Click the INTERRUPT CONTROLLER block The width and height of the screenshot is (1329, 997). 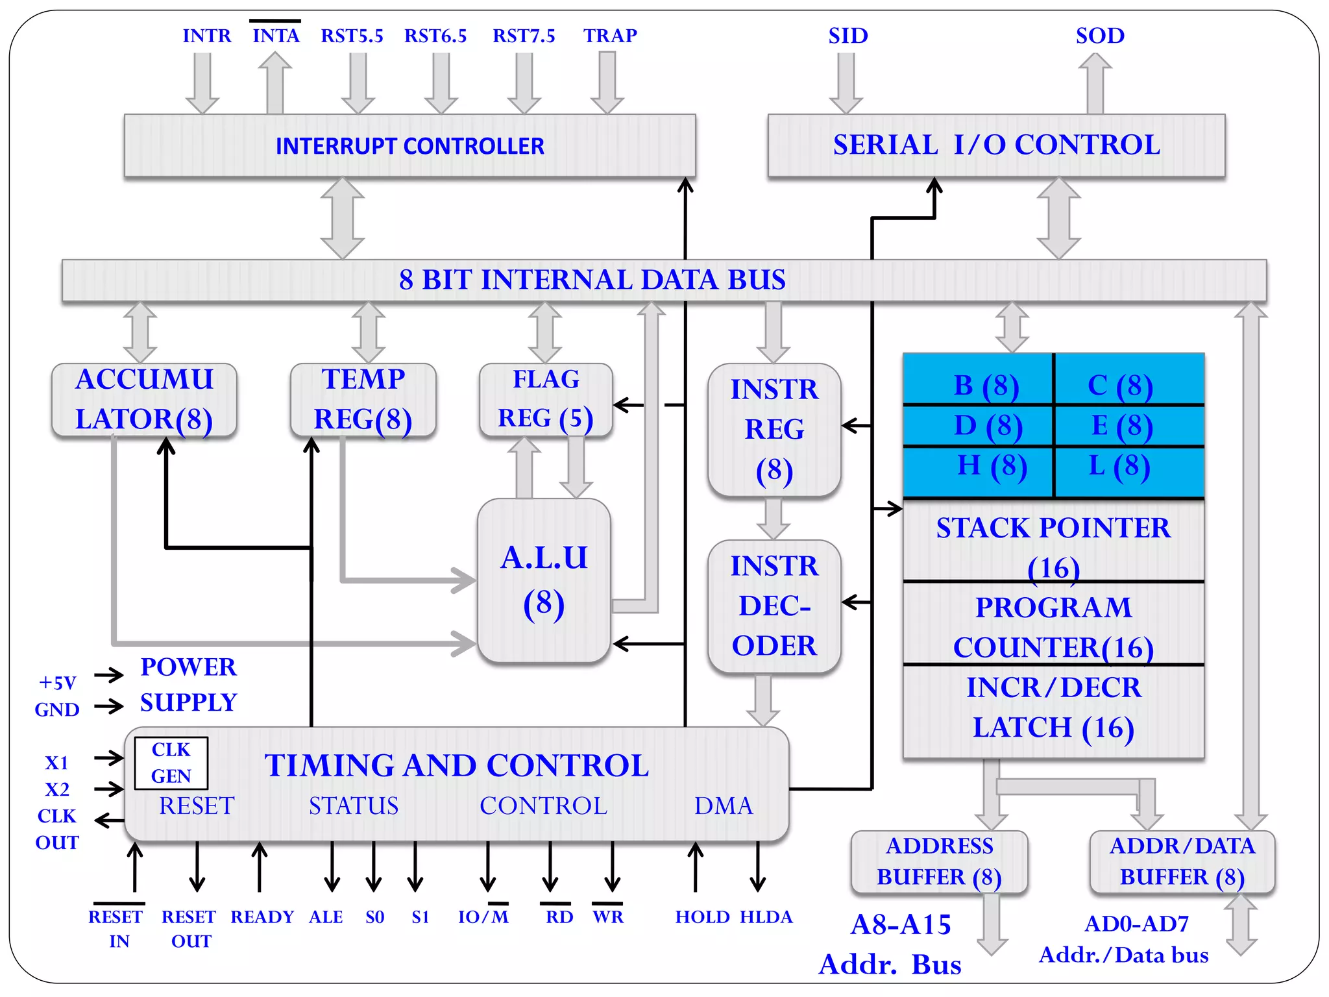(409, 145)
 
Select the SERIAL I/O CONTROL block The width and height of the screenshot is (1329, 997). (996, 145)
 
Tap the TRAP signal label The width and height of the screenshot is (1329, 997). (610, 35)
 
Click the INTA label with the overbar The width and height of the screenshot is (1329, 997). (276, 35)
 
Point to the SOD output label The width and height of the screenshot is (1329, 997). (1100, 35)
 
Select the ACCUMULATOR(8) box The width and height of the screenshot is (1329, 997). (144, 399)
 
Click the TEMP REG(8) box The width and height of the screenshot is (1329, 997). (363, 399)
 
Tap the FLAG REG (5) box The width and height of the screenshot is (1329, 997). (546, 399)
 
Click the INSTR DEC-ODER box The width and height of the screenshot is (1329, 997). (774, 606)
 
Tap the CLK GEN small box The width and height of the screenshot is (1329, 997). (171, 763)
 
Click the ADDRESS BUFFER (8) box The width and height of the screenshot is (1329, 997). (939, 861)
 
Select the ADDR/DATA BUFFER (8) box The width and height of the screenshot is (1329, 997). (1182, 861)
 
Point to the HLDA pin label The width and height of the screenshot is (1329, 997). (766, 917)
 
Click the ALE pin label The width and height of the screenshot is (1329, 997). (326, 917)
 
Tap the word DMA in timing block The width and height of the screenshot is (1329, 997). (724, 806)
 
